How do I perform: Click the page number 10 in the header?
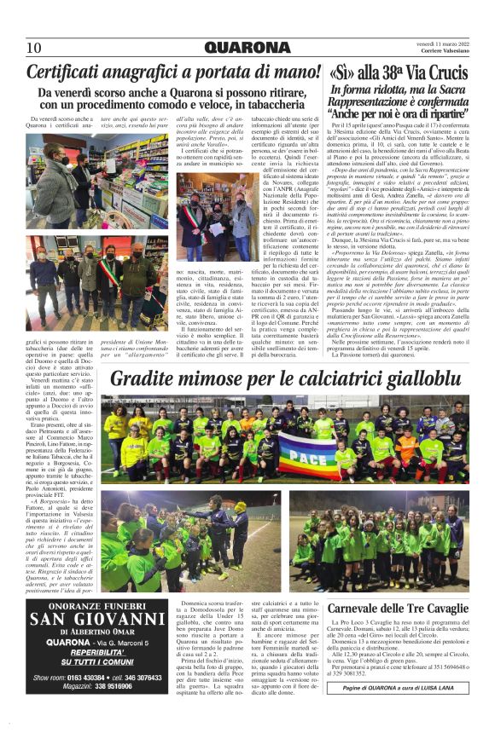pyautogui.click(x=35, y=47)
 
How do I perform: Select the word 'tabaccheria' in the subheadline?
pyautogui.click(x=288, y=105)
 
